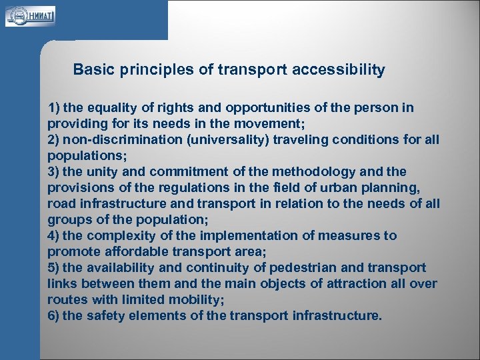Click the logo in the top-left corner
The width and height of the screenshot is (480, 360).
pos(31,15)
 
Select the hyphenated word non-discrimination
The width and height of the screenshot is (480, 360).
pos(124,140)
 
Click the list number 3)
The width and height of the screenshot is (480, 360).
pos(54,172)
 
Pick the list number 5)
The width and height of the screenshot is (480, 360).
pos(54,268)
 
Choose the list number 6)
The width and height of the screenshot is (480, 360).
pos(54,316)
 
